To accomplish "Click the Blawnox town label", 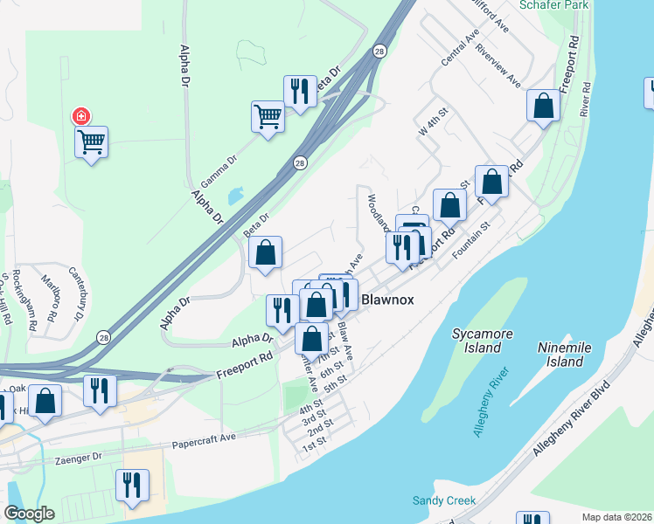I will coord(387,300).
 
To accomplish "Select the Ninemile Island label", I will coord(560,354).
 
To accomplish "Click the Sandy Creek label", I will coord(444,500).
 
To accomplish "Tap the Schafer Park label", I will coord(553,5).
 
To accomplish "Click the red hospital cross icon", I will coord(80,115).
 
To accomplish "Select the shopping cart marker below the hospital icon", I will coord(91,141).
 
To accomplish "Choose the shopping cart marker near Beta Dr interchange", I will coord(268,115).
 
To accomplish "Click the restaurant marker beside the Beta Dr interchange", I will coord(300,91).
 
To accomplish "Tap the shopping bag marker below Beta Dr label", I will coord(266,252).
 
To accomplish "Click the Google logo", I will coord(30,514).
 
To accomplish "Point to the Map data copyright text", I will coord(616,517).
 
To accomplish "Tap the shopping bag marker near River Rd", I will coord(543,106).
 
